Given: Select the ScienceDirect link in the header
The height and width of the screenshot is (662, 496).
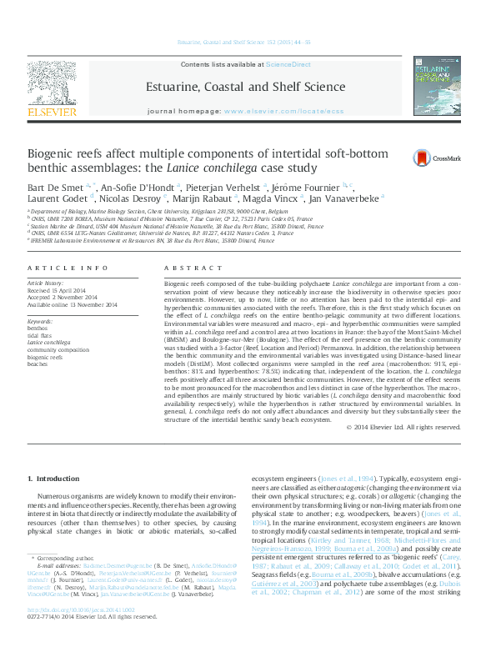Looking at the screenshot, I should pyautogui.click(x=288, y=64).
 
